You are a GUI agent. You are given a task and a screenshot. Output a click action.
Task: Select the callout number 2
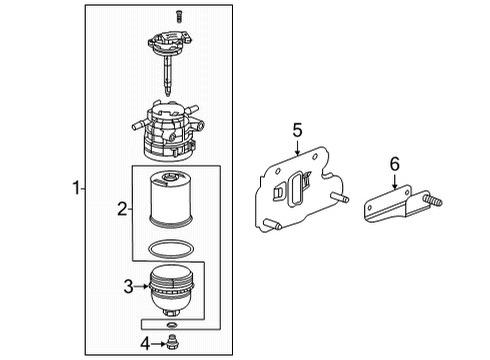coord(123,209)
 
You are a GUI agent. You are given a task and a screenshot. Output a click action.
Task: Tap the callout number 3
coord(128,287)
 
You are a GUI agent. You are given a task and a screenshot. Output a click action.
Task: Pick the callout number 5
coord(297,128)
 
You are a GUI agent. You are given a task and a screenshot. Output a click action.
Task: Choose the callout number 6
coord(394,161)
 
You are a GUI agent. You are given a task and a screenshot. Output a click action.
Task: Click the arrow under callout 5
coord(297,150)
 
